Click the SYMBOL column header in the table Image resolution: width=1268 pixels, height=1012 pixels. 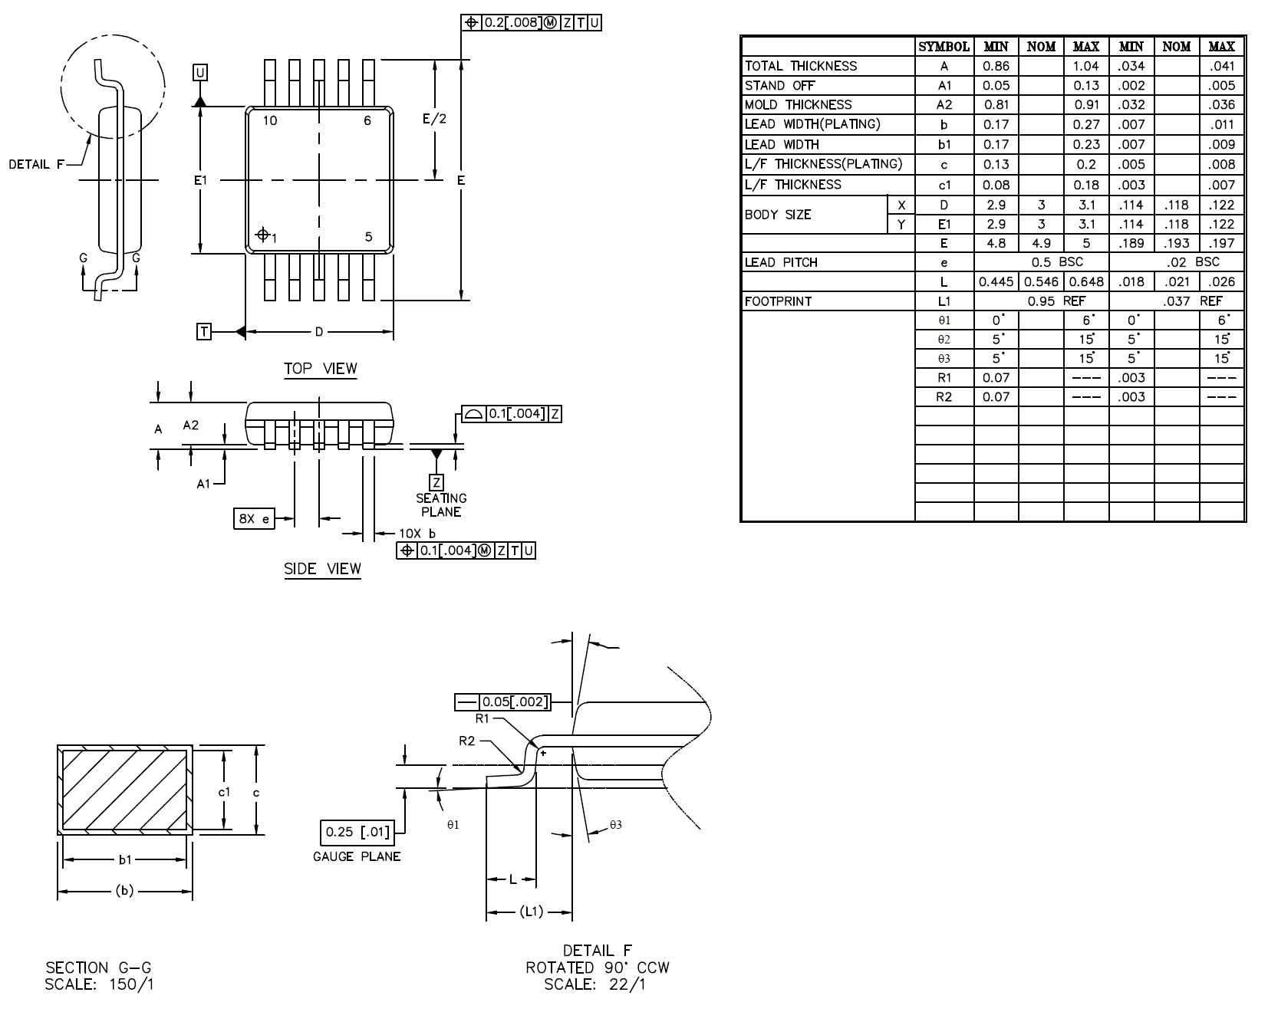click(x=944, y=47)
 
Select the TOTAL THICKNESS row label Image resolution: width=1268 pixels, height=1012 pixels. click(x=800, y=66)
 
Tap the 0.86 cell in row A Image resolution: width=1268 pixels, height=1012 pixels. click(x=996, y=66)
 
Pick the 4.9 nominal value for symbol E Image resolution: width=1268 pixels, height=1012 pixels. click(x=1041, y=243)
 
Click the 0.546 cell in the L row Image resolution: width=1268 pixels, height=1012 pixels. click(x=1041, y=281)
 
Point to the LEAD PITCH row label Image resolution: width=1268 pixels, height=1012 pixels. click(x=781, y=262)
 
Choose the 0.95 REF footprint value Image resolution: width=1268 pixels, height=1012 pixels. click(x=1056, y=301)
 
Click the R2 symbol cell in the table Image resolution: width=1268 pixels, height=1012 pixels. click(x=944, y=396)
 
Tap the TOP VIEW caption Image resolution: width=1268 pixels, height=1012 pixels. click(x=321, y=369)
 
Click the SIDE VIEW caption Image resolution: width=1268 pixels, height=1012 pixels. click(x=322, y=569)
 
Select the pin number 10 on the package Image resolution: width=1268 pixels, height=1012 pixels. click(x=270, y=120)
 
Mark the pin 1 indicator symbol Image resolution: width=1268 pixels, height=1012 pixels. click(x=262, y=234)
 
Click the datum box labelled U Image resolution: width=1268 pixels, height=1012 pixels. click(x=200, y=73)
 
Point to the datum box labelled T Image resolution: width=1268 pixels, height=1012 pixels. click(x=204, y=331)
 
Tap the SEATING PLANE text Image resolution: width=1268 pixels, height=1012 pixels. click(x=441, y=505)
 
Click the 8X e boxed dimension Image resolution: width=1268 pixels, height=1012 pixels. click(x=254, y=519)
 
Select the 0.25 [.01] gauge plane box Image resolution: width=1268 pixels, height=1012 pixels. click(x=357, y=832)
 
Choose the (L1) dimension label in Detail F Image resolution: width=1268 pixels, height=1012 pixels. click(x=531, y=912)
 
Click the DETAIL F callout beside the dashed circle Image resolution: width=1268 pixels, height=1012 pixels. click(x=36, y=164)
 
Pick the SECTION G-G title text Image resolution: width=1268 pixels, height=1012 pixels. click(x=98, y=968)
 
